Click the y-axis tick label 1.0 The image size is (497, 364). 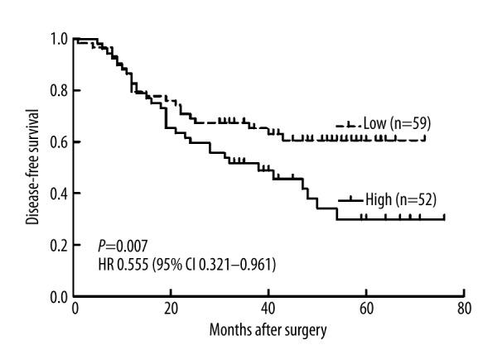60,39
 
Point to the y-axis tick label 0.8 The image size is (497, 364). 60,90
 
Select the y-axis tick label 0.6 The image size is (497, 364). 60,142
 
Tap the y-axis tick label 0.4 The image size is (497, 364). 60,194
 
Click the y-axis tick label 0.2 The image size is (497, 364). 60,245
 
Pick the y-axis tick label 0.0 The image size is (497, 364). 60,296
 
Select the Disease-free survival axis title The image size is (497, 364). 32,165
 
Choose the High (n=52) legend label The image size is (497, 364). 401,199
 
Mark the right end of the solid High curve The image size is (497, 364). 444,218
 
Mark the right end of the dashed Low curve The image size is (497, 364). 425,139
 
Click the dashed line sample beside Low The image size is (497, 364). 348,124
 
